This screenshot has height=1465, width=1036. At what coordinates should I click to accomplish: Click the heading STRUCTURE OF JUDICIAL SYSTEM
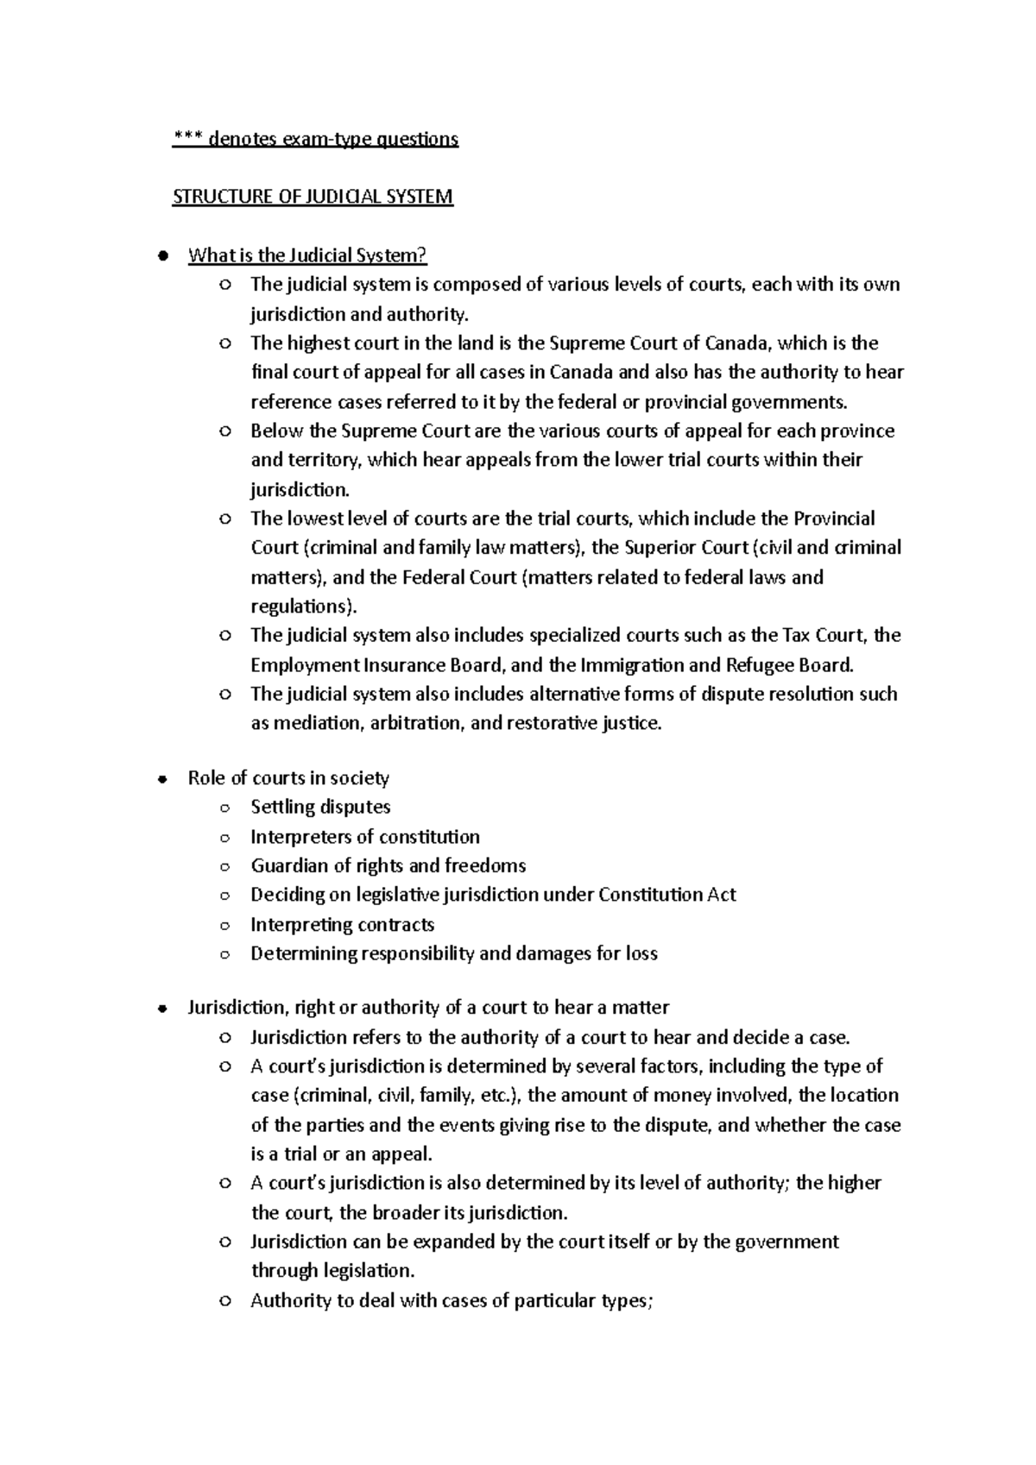point(313,197)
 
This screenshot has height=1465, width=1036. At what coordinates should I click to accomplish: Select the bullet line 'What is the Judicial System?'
point(307,255)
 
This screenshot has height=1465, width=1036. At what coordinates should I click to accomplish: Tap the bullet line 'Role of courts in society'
point(288,778)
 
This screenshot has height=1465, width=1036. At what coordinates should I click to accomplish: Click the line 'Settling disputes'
point(320,808)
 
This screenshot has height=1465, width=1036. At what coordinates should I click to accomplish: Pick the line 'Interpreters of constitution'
point(364,837)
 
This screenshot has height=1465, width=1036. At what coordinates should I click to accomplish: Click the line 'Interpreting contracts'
point(342,925)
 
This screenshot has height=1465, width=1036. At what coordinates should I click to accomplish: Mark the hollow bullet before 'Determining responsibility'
point(224,954)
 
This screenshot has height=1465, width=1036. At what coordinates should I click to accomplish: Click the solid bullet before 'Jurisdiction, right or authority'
point(161,1009)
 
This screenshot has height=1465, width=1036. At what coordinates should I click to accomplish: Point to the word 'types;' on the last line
point(627,1301)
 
